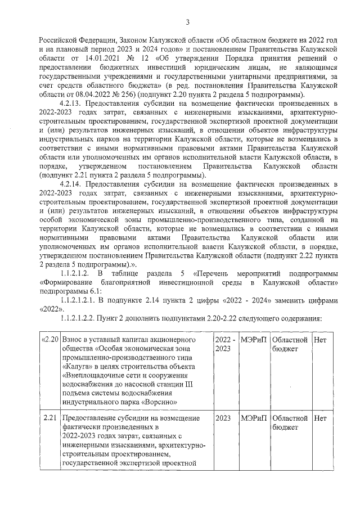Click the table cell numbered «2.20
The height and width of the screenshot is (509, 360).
(50, 340)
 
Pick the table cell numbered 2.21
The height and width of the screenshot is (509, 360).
(51, 418)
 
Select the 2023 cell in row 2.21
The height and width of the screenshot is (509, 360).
(223, 418)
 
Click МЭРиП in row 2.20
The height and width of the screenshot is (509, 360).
(253, 340)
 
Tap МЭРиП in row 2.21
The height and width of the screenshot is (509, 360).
(253, 418)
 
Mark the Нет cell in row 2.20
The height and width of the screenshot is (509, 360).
(319, 340)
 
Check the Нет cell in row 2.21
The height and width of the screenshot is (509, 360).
(319, 418)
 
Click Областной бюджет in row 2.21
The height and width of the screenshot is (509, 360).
(289, 423)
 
